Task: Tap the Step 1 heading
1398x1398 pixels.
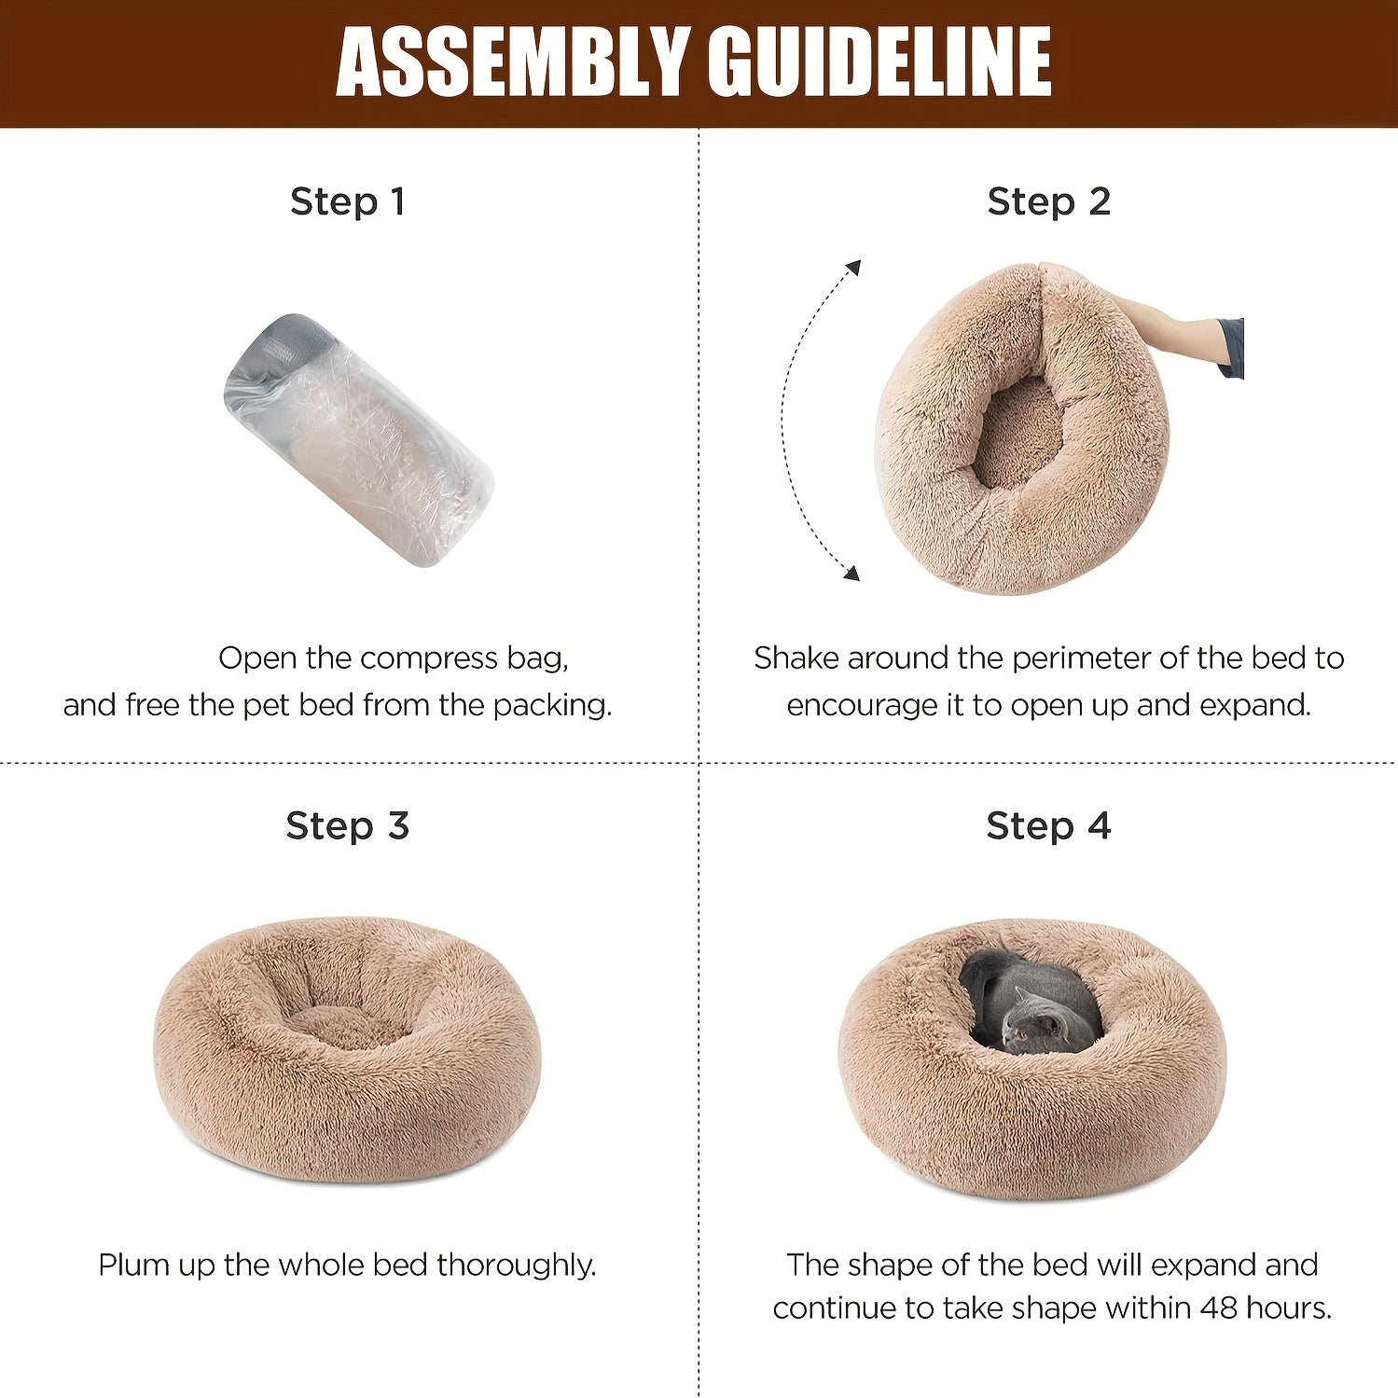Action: [348, 201]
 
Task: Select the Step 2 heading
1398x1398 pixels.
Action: [1049, 201]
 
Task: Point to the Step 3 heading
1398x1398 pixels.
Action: [348, 826]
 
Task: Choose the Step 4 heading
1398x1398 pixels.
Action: [1049, 826]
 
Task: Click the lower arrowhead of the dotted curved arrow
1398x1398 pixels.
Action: [851, 573]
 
